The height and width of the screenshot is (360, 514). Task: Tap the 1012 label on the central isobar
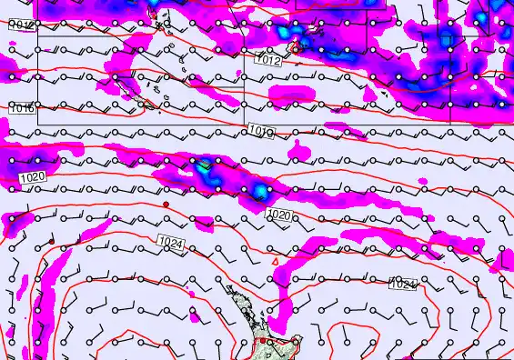[269, 62]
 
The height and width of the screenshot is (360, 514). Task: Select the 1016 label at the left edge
[22, 109]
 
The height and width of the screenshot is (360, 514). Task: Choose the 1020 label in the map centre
[279, 215]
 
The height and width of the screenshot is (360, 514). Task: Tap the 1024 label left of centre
[169, 242]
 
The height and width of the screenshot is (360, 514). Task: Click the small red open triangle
[277, 262]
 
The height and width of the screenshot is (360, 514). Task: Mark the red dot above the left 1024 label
[166, 205]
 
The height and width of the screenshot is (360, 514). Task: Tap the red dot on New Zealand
[261, 341]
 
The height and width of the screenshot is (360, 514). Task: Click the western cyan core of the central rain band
[202, 166]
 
